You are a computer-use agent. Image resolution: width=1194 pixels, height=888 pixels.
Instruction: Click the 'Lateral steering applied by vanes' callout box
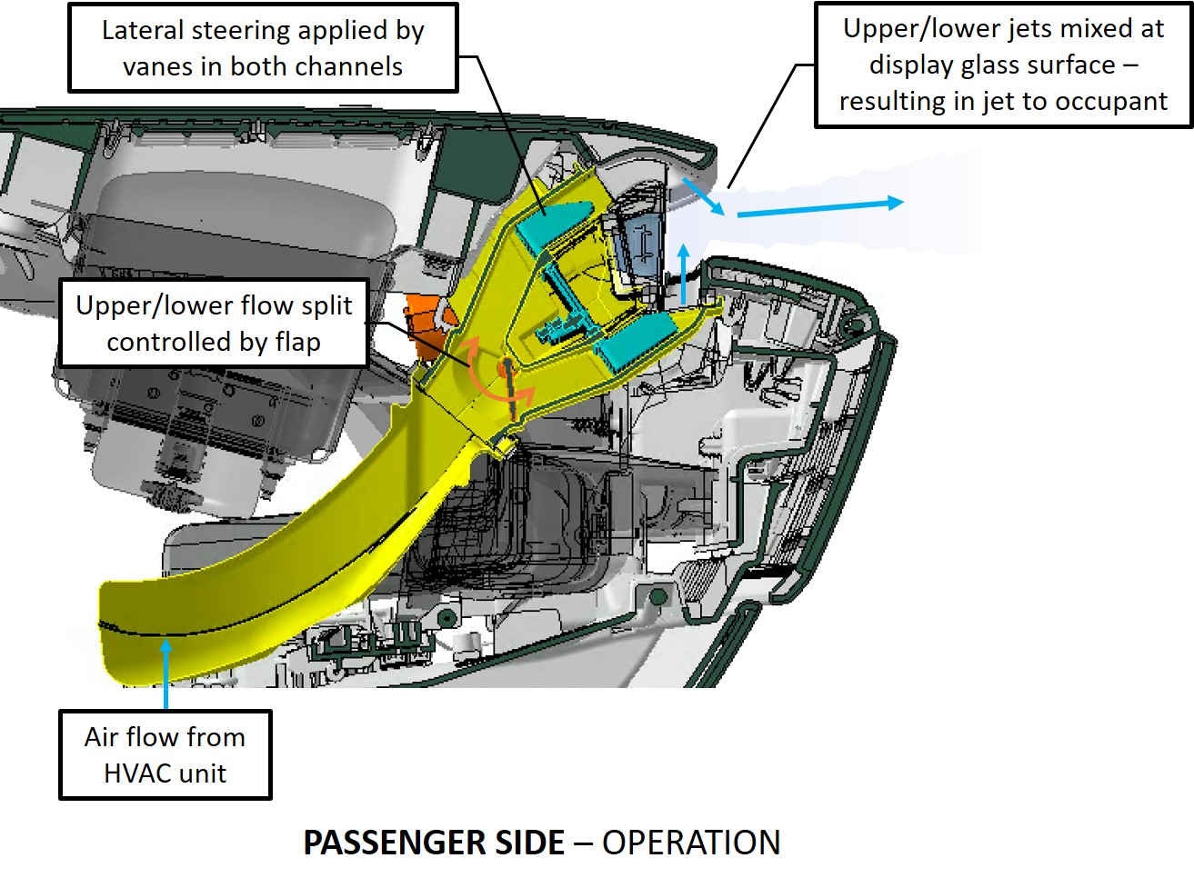263,47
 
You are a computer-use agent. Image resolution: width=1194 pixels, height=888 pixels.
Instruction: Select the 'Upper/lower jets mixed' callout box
1003,65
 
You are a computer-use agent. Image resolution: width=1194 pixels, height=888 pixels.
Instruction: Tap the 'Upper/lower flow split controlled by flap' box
214,323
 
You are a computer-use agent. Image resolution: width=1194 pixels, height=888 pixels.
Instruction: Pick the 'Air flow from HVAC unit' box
166,754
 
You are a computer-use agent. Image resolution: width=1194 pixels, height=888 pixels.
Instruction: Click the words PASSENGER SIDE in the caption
434,843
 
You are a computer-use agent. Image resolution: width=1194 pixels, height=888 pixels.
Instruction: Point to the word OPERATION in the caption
691,843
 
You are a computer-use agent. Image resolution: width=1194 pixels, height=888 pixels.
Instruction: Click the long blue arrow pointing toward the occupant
818,208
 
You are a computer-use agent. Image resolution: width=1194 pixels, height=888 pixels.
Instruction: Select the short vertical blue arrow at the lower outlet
684,273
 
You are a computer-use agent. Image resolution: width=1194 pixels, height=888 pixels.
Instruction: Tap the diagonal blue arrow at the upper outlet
704,195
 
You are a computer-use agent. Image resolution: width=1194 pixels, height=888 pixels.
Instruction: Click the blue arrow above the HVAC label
166,673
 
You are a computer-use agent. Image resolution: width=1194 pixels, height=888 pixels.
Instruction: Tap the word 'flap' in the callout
297,342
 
